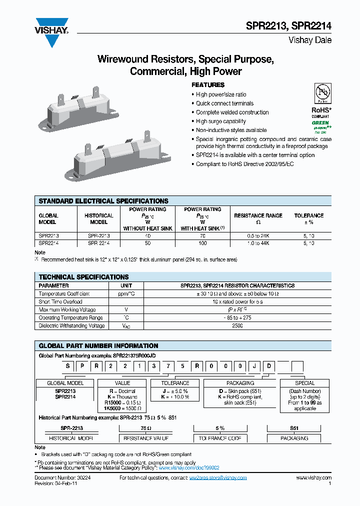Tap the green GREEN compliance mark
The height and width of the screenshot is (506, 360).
pyautogui.click(x=320, y=122)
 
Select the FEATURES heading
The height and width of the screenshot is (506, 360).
pyautogui.click(x=208, y=85)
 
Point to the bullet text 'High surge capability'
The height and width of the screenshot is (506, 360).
pyautogui.click(x=220, y=121)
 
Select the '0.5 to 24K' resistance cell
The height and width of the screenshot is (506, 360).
pyautogui.click(x=258, y=235)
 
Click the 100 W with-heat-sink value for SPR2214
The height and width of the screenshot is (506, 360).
pyautogui.click(x=202, y=242)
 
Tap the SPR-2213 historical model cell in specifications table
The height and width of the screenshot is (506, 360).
pyautogui.click(x=98, y=235)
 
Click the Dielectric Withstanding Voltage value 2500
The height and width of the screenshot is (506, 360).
pyautogui.click(x=237, y=326)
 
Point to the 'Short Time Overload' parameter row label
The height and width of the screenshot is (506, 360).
pyautogui.click(x=60, y=302)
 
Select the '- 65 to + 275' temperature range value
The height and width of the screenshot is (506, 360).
pyautogui.click(x=237, y=318)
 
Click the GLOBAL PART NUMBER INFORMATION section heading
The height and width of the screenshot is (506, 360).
pyautogui.click(x=98, y=346)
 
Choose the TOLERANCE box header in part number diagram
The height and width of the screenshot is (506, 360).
pyautogui.click(x=175, y=383)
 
